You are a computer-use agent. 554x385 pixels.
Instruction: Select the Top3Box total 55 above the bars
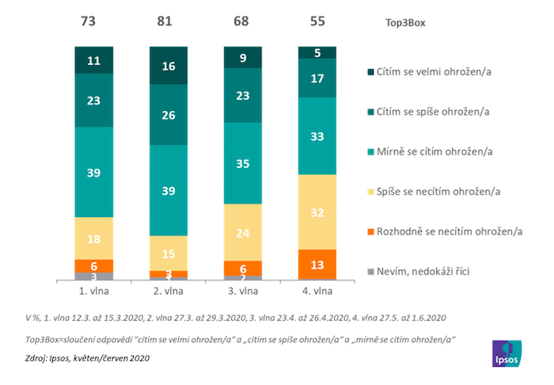[317, 21]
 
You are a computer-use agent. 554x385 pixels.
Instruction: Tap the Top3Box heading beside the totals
[400, 23]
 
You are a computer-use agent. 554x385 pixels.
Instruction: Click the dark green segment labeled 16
[169, 66]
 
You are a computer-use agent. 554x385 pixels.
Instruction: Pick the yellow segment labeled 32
[317, 212]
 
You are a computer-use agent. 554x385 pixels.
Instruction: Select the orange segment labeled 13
[317, 264]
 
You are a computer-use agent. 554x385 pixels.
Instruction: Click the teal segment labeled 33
[317, 135]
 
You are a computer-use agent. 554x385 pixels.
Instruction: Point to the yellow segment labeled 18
[94, 238]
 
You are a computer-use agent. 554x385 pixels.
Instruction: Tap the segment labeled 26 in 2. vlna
[169, 115]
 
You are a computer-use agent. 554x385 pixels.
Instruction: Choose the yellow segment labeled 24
[243, 233]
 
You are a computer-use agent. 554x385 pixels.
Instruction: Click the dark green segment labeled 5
[317, 53]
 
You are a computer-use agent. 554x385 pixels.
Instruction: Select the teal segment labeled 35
[243, 164]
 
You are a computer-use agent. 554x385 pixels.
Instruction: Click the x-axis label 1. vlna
[94, 291]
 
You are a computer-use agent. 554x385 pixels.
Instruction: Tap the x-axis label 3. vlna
[243, 291]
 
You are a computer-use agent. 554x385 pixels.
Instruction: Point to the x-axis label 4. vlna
[317, 291]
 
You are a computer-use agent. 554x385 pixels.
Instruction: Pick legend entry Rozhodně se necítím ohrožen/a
[446, 231]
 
